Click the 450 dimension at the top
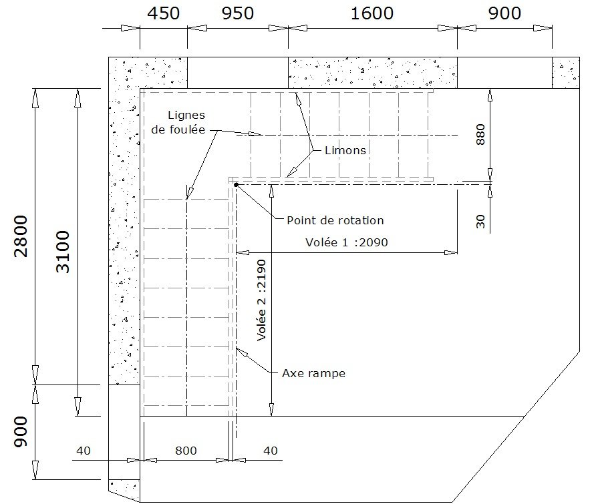pyautogui.click(x=164, y=13)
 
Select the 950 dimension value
pyautogui.click(x=238, y=13)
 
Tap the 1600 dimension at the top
pyautogui.click(x=372, y=13)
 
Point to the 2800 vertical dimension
pyautogui.click(x=21, y=236)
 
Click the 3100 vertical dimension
pyautogui.click(x=63, y=252)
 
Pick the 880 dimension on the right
pyautogui.click(x=480, y=135)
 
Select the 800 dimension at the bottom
pyautogui.click(x=186, y=451)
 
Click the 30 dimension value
pyautogui.click(x=480, y=222)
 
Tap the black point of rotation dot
pyautogui.click(x=236, y=185)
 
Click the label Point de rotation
pyautogui.click(x=335, y=220)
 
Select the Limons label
pyautogui.click(x=345, y=150)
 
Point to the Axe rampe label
pyautogui.click(x=313, y=373)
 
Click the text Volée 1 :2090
pyautogui.click(x=347, y=242)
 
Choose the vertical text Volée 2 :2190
pyautogui.click(x=261, y=300)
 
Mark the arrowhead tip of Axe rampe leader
pyautogui.click(x=237, y=348)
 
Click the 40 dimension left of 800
pyautogui.click(x=84, y=451)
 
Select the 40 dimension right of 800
pyautogui.click(x=270, y=451)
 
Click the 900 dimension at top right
pyautogui.click(x=504, y=13)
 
